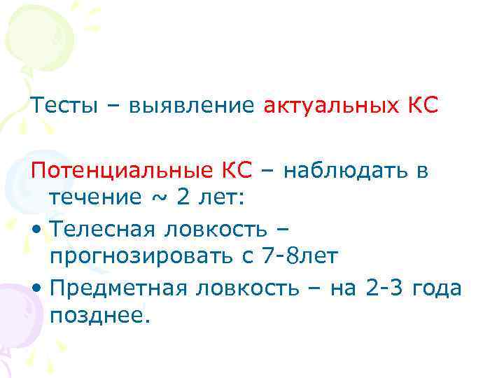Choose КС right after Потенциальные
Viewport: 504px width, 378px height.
tap(239, 169)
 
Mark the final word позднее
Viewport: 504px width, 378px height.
tap(100, 316)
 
